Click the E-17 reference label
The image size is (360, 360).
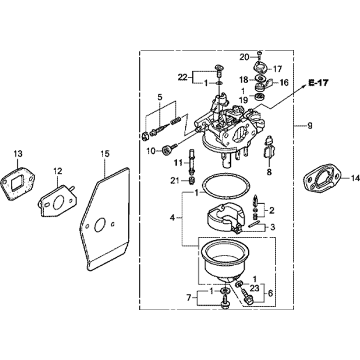coord(318,83)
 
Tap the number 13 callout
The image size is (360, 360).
coord(18,154)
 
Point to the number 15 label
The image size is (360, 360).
coord(104,154)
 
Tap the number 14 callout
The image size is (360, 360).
coord(355,177)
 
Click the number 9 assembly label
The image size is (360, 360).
coord(310,126)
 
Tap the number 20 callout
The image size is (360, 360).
coord(244,57)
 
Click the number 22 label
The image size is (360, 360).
coord(183,77)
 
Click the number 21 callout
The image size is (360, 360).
coord(175,181)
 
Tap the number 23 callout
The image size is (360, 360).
coord(255,288)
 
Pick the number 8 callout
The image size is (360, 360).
coord(269,172)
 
